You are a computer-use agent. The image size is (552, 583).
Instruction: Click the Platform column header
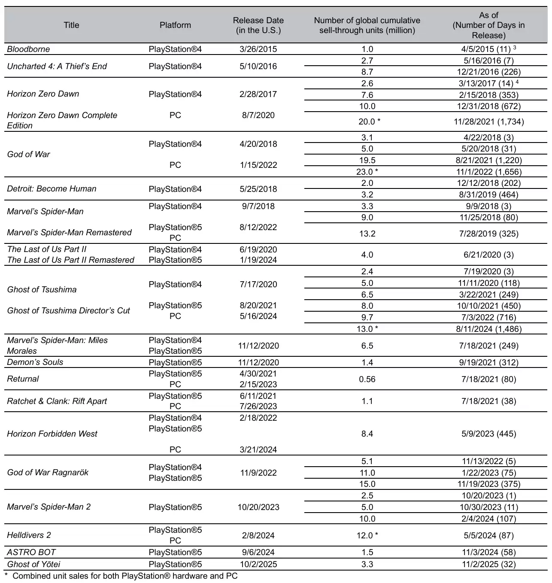[175, 25]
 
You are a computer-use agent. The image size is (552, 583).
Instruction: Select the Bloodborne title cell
[28, 49]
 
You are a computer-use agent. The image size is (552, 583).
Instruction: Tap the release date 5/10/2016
[258, 67]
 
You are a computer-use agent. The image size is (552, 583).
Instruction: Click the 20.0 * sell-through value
[369, 122]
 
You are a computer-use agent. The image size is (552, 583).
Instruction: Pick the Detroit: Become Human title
[52, 189]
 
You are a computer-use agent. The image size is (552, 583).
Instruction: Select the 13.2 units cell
[367, 234]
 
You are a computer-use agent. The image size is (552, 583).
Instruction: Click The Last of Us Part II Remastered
[70, 260]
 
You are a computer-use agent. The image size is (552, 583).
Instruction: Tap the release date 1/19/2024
[258, 260]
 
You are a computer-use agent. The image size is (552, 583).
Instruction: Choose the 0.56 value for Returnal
[367, 380]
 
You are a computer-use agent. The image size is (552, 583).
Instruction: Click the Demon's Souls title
[35, 362]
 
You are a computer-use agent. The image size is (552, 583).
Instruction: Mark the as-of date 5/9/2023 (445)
[488, 434]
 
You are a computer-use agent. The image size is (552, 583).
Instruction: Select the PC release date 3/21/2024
[258, 450]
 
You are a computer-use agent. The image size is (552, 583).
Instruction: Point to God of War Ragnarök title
[48, 473]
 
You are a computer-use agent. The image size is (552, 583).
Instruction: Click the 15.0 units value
[367, 484]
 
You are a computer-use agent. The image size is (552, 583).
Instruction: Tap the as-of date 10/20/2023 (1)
[488, 496]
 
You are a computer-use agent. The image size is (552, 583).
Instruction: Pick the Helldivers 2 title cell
[29, 535]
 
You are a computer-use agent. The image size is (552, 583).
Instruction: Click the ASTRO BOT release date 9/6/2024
[258, 553]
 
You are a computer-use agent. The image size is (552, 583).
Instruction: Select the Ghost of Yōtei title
[33, 565]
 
